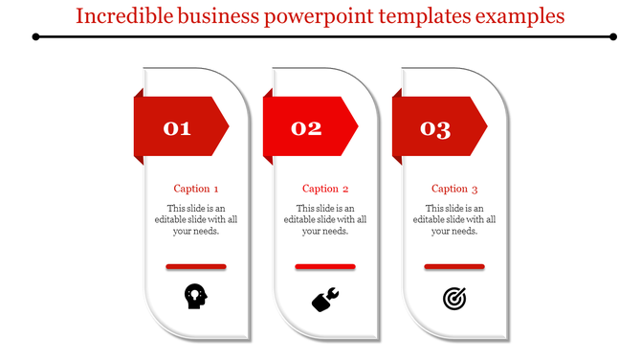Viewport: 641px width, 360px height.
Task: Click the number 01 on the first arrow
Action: (178, 127)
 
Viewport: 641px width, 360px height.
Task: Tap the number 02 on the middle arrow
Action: (307, 127)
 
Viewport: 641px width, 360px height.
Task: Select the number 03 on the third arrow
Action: (436, 128)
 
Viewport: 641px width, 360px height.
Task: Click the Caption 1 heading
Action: (196, 189)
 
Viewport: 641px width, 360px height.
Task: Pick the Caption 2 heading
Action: (325, 189)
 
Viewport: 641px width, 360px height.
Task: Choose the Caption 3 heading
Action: (454, 189)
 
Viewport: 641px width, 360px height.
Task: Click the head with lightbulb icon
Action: (195, 297)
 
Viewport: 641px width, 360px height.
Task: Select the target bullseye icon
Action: (454, 299)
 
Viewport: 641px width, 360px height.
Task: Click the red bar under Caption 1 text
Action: (196, 266)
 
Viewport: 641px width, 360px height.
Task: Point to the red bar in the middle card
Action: (325, 266)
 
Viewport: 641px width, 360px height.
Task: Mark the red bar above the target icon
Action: (454, 266)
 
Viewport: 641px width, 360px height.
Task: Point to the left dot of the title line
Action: (36, 36)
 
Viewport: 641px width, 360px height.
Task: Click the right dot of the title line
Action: (613, 36)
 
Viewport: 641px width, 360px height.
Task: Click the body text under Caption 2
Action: (325, 219)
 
